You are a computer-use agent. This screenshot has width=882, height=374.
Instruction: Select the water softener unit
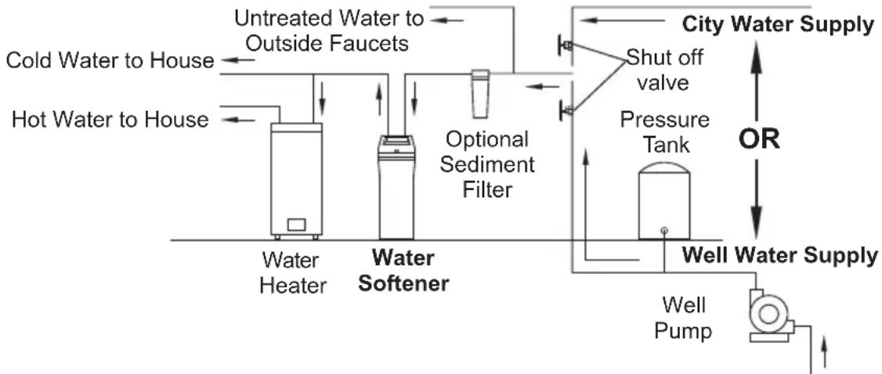tap(396, 188)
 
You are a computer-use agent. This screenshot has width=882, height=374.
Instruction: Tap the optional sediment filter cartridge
tap(480, 94)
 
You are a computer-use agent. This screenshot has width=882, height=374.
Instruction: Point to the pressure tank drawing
tap(663, 202)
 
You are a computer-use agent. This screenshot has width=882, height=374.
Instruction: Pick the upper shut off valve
tap(565, 45)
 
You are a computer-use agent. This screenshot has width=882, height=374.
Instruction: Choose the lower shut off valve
tap(565, 110)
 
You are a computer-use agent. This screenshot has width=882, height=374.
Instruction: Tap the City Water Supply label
tap(778, 25)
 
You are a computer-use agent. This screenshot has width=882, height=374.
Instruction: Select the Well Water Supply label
tap(779, 256)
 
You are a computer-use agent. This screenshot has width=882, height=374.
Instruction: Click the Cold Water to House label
tap(110, 60)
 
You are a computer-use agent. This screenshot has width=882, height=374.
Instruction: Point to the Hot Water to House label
tap(110, 120)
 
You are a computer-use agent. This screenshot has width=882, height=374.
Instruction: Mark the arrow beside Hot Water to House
tap(239, 120)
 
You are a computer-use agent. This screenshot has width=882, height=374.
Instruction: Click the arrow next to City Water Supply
tap(622, 21)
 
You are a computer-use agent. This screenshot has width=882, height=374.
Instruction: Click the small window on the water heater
tap(296, 225)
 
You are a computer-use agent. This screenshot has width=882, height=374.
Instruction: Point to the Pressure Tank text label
tap(664, 132)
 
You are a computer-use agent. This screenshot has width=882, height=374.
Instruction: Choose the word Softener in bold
tap(404, 283)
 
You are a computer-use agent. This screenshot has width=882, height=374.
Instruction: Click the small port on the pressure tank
tap(663, 230)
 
